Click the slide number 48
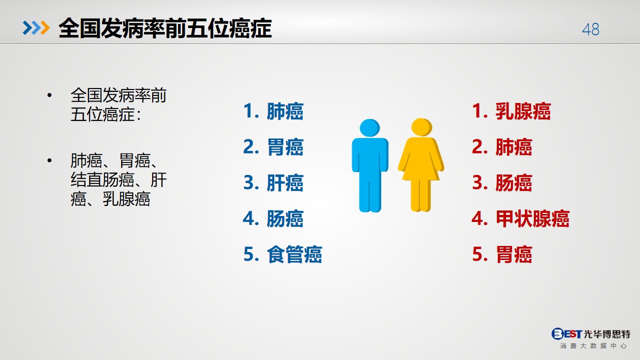[x=590, y=29]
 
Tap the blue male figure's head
[x=370, y=128]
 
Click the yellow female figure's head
[x=421, y=127]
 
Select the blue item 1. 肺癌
[x=273, y=111]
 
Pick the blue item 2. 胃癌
[x=273, y=147]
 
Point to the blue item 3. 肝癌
[x=273, y=182]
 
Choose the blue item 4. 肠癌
[x=273, y=218]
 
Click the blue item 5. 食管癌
[x=283, y=254]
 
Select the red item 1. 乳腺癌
[x=511, y=111]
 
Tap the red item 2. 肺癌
[x=502, y=147]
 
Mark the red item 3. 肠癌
[x=502, y=182]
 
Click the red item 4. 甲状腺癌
[x=520, y=218]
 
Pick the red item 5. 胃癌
[x=502, y=254]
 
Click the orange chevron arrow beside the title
[x=45, y=28]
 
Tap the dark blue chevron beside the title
[x=28, y=28]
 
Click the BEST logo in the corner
[x=566, y=333]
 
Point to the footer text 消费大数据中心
[x=593, y=346]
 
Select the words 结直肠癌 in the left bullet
[x=102, y=180]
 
